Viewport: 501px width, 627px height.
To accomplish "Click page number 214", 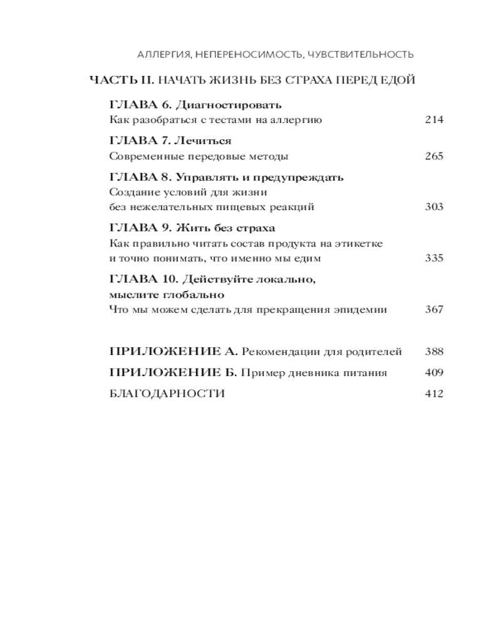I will point(433,120).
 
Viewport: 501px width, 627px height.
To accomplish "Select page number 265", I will point(433,156).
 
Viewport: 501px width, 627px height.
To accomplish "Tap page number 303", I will point(433,206).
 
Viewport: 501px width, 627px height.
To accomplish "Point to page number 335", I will point(433,258).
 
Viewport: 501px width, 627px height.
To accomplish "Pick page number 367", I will point(433,308).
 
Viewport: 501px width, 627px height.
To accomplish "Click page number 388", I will point(433,351).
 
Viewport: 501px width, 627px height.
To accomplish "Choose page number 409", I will point(433,372).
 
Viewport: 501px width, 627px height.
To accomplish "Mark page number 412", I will point(433,394).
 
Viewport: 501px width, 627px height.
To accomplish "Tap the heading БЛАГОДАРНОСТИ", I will point(167,394).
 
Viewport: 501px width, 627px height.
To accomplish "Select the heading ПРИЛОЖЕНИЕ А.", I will point(173,351).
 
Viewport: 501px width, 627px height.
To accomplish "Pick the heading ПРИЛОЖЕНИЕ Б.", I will point(173,372).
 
